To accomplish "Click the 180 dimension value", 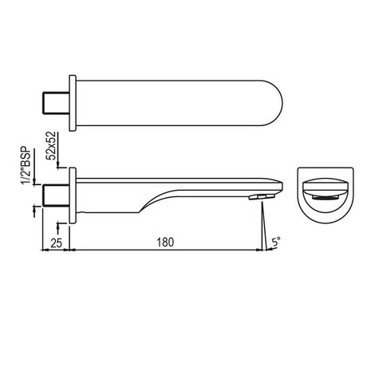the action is pos(165,243).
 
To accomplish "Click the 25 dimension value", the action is pos(56,243).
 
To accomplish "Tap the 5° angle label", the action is pos(276,242).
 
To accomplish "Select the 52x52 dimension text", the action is pos(51,145).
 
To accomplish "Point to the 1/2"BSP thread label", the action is pos(27,166).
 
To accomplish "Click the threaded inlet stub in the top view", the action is pos(56,103).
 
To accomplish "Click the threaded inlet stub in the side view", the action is pos(56,195).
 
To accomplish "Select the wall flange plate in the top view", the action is pos(73,103).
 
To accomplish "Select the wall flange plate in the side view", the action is pos(73,195).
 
